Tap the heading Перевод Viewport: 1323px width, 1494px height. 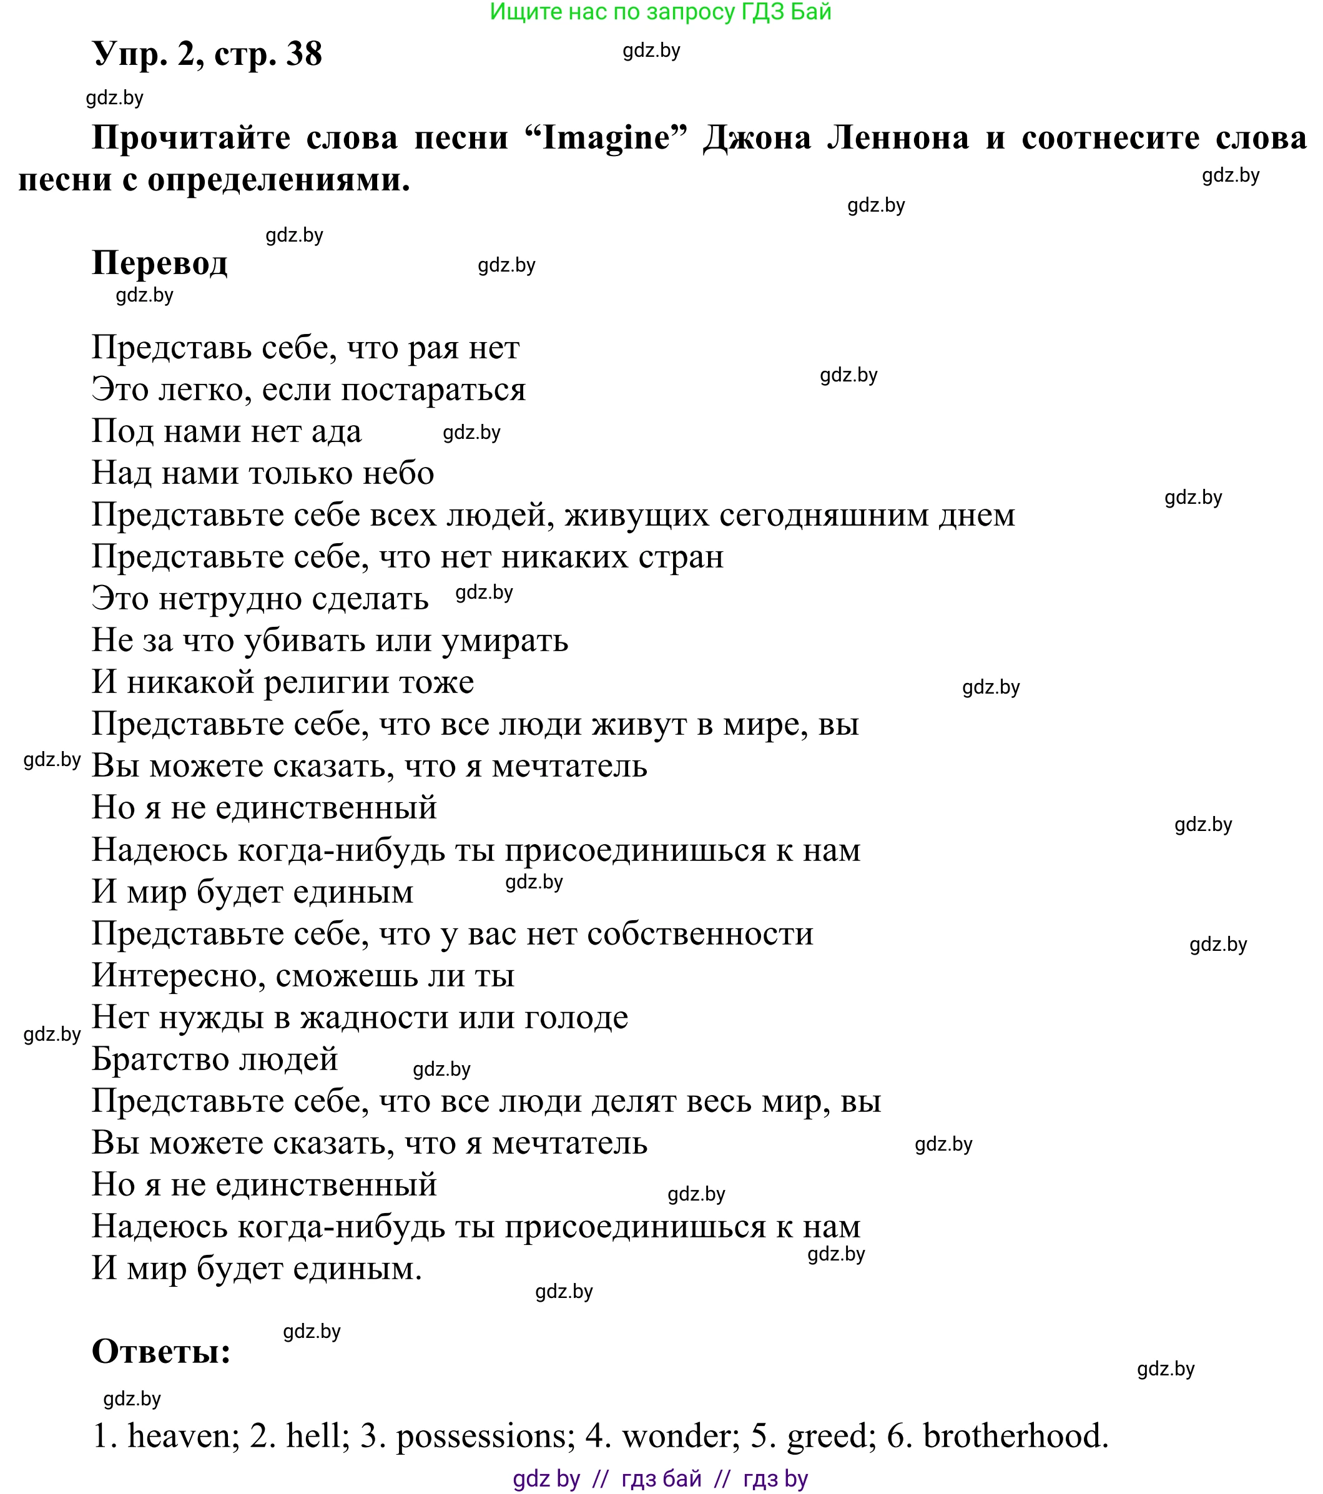[x=159, y=263]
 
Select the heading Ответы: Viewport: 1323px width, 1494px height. [x=161, y=1352]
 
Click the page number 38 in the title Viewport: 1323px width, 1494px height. [x=304, y=54]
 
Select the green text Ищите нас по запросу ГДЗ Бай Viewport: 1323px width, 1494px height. [x=660, y=12]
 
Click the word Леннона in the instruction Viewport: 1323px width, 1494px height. [x=898, y=138]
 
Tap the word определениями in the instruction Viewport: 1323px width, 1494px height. [x=278, y=180]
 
